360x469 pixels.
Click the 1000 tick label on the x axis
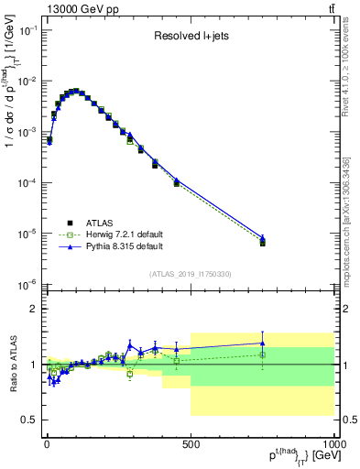point(333,446)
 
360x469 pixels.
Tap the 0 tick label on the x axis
point(47,446)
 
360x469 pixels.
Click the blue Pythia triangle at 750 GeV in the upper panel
point(263,238)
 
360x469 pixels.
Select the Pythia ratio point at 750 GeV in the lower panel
point(263,343)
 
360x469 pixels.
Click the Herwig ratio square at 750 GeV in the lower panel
point(263,354)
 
